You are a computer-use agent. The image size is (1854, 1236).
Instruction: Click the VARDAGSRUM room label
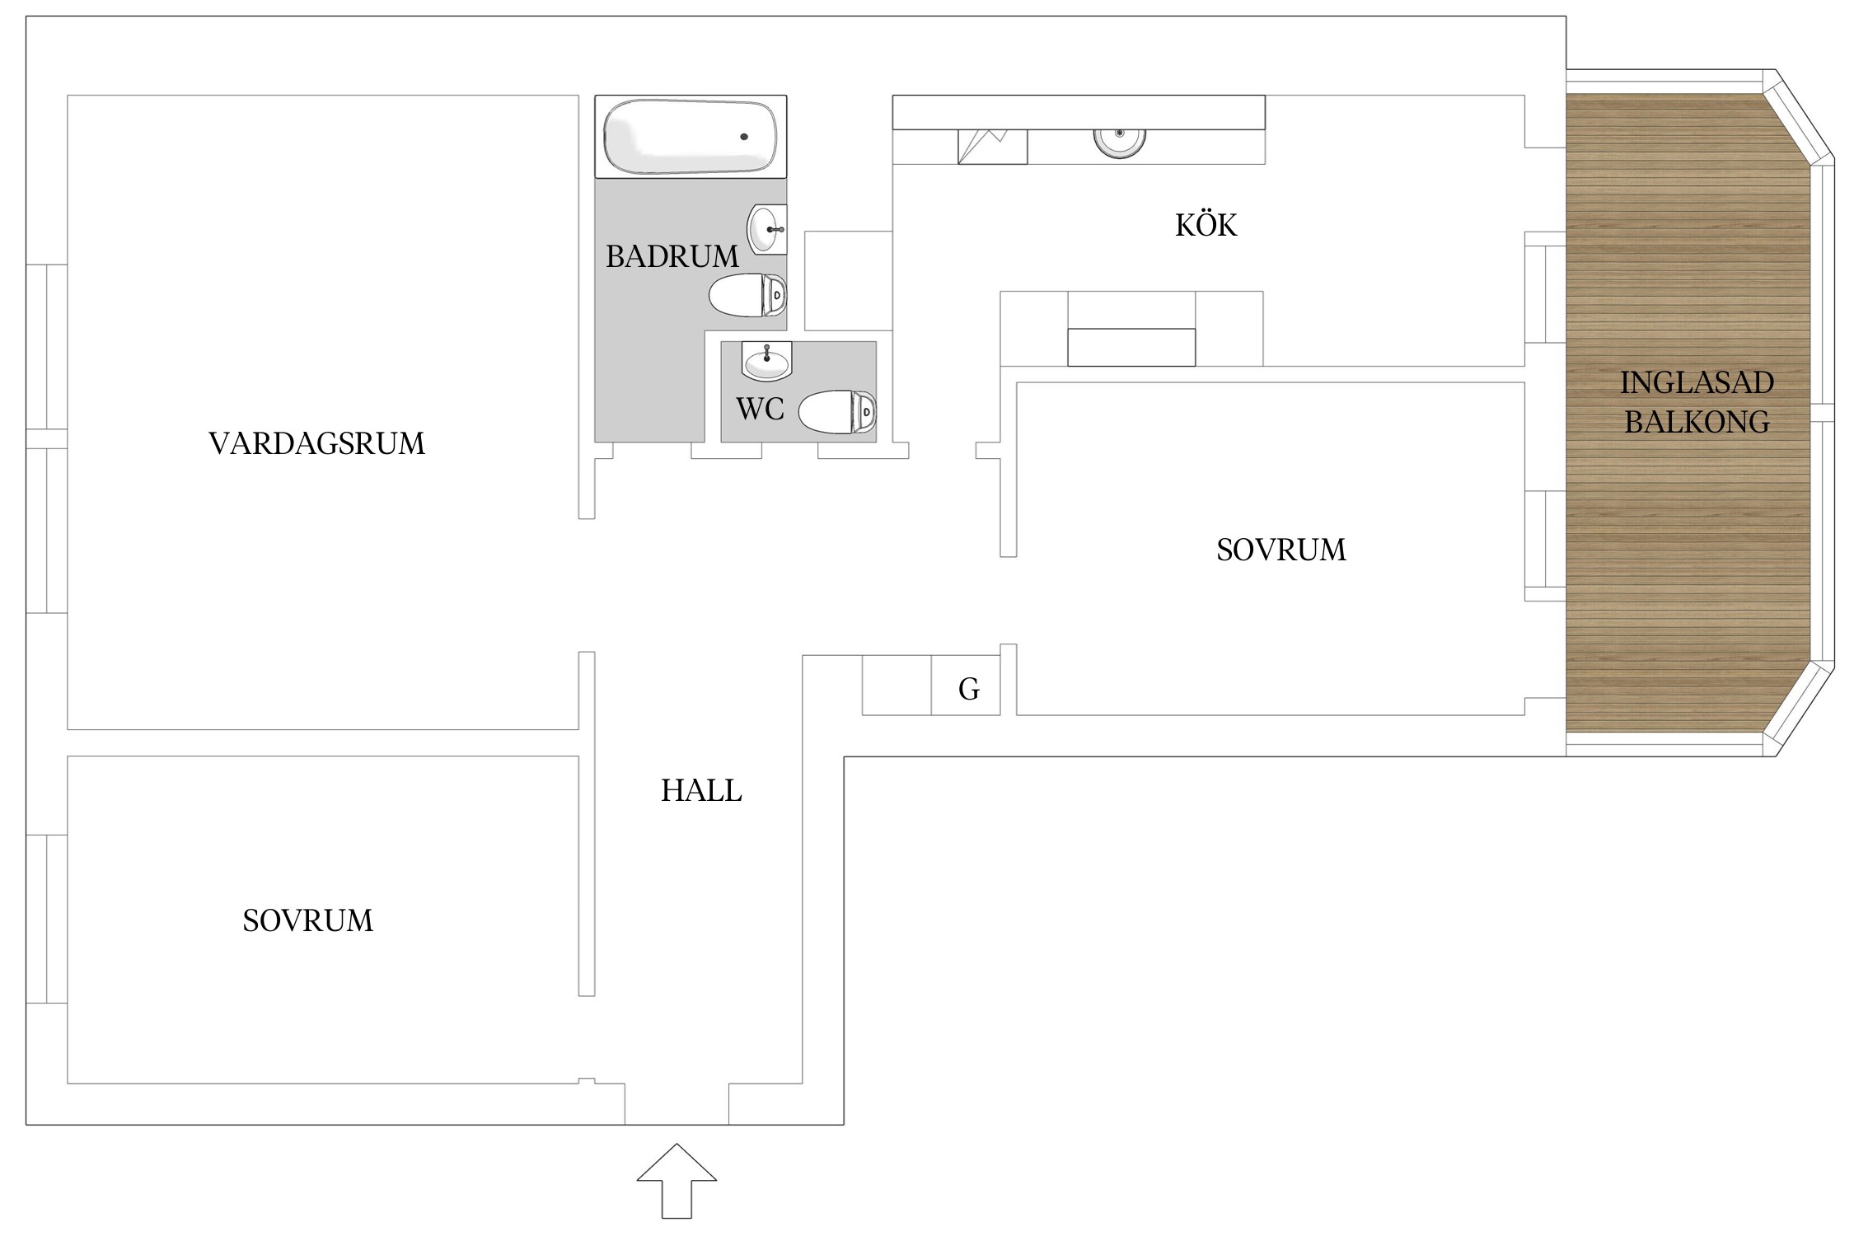pos(317,443)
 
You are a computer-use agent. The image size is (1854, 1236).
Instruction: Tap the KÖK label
pos(1206,224)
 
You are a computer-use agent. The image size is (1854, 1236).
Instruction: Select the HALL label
pos(701,791)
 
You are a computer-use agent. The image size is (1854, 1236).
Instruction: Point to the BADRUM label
pos(672,257)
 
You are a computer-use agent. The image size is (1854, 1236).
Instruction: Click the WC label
pos(760,410)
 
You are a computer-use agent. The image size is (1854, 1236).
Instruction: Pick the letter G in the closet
pos(969,689)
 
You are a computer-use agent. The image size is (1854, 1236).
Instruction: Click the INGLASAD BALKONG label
pos(1697,402)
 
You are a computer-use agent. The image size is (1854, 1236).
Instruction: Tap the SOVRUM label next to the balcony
pos(1281,550)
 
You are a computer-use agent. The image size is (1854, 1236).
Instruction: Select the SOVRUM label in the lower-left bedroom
pos(308,920)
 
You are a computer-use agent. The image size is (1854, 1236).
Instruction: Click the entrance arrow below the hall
pos(677,1180)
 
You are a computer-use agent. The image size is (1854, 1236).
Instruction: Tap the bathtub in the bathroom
pos(691,137)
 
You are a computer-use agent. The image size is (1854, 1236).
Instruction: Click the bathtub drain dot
pos(744,137)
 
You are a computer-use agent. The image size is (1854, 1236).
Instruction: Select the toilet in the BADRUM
pos(748,295)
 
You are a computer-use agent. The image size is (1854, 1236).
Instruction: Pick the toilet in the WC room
pos(837,412)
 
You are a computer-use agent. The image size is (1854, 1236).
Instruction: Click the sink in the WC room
pos(766,361)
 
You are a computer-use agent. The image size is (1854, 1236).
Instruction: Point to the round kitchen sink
pos(1120,142)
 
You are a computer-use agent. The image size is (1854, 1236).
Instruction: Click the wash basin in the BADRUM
pos(767,229)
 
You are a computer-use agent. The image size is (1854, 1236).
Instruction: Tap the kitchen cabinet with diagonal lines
pos(992,147)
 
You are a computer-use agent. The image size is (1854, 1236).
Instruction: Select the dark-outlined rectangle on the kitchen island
pos(1131,347)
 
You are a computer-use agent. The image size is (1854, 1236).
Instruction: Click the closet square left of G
pos(897,685)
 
